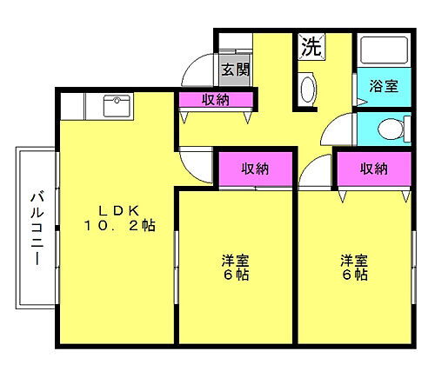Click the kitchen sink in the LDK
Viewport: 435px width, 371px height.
point(116,107)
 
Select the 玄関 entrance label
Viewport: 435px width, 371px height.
point(234,69)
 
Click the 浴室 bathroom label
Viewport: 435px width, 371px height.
point(384,86)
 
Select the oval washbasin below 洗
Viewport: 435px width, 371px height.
point(307,88)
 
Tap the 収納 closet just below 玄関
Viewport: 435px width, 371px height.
point(216,100)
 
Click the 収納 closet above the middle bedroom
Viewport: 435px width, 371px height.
point(254,169)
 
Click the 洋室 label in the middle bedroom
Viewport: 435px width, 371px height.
point(234,259)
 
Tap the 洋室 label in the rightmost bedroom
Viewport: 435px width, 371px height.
point(353,259)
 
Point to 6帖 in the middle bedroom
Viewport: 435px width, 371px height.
point(234,275)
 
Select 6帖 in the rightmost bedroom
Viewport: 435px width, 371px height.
point(353,275)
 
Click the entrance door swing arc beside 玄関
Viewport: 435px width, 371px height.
point(201,70)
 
